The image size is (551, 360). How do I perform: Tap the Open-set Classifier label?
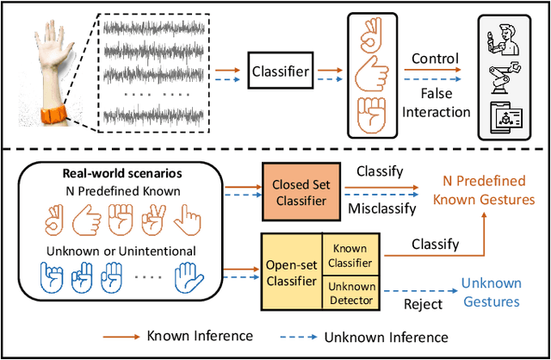point(292,273)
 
